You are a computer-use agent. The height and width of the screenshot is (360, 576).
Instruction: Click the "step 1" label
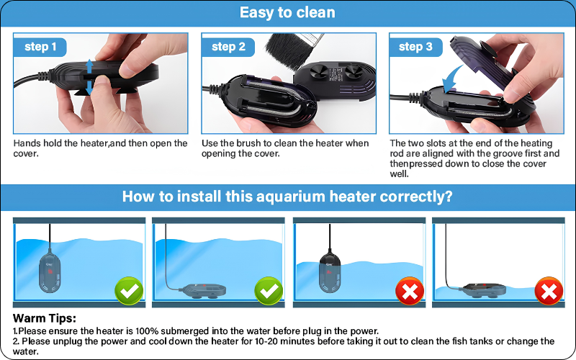[x=40, y=47]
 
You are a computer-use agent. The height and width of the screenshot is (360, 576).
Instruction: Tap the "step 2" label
[x=228, y=47]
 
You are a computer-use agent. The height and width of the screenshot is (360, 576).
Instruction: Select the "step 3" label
[x=415, y=47]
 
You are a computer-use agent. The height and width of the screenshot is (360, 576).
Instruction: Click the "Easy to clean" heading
[x=287, y=12]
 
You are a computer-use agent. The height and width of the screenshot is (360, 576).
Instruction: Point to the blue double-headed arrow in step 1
[x=89, y=77]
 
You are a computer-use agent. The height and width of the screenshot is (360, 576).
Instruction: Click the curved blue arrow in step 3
[x=451, y=79]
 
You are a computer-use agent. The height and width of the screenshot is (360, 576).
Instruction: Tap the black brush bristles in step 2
[x=287, y=50]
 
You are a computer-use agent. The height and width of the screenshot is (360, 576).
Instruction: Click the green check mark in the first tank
[x=129, y=291]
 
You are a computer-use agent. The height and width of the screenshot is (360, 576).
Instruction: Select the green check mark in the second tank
[x=269, y=291]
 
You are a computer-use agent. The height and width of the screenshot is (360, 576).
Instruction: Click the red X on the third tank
[x=410, y=291]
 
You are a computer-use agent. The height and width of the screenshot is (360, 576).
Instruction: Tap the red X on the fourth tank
[x=549, y=291]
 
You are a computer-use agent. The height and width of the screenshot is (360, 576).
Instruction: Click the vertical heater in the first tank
[x=50, y=271]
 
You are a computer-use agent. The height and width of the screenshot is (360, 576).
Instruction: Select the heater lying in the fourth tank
[x=482, y=290]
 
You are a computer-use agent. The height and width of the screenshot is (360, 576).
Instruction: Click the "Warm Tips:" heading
[x=45, y=318]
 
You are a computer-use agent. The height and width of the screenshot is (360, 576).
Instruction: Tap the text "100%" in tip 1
[x=147, y=331]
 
